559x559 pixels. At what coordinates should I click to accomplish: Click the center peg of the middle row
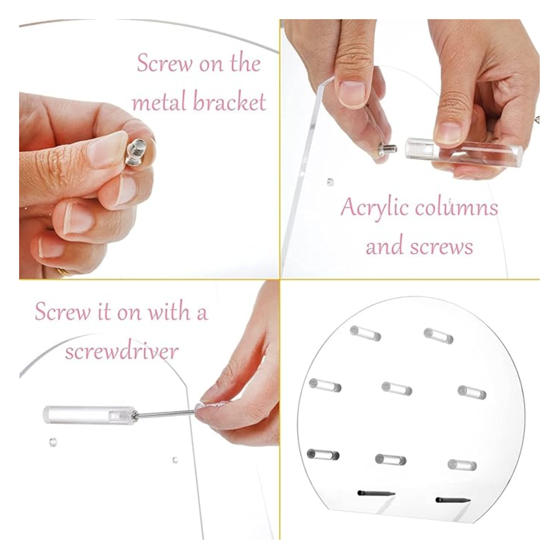click(396, 388)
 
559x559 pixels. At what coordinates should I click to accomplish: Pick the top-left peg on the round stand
click(365, 333)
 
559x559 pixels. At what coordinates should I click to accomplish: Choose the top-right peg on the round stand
click(438, 336)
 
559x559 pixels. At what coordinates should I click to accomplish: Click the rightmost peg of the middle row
click(472, 392)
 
